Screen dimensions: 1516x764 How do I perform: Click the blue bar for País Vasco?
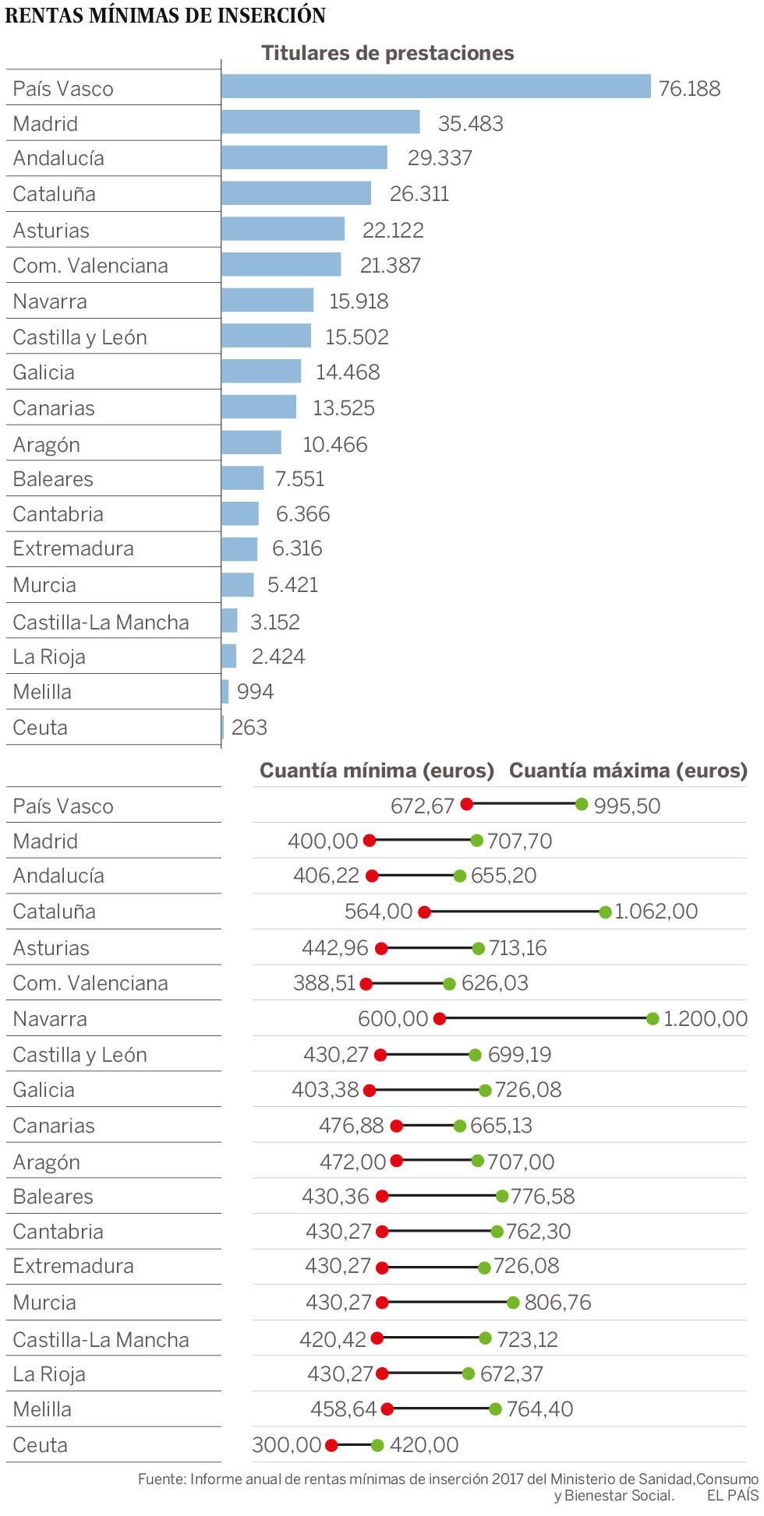[x=435, y=86]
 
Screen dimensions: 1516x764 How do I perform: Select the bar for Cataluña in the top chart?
[x=296, y=193]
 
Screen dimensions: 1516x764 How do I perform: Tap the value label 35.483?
[x=470, y=123]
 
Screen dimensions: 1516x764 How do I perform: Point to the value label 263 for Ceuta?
[x=249, y=727]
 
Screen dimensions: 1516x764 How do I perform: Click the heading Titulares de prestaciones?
[x=387, y=53]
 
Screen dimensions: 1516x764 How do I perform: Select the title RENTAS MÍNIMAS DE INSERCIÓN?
[x=165, y=15]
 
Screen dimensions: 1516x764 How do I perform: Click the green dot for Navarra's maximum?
[x=653, y=1018]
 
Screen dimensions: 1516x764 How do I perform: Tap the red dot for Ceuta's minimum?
[x=331, y=1445]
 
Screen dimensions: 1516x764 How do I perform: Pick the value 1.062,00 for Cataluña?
[x=656, y=911]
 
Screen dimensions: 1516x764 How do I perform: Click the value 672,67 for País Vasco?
[x=422, y=806]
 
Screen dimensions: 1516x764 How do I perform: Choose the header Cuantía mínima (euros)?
[x=377, y=770]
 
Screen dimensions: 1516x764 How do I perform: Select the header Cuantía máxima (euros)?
[x=628, y=770]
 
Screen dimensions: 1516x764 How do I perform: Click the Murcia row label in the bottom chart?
[x=44, y=1303]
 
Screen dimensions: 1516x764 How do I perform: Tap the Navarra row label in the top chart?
[x=50, y=301]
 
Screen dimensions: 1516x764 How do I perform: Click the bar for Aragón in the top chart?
[x=251, y=442]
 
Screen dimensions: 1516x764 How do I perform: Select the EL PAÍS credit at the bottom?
[x=732, y=1495]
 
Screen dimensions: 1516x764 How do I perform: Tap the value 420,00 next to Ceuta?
[x=423, y=1445]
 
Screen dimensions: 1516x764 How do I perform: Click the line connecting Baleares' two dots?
[x=442, y=1196]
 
